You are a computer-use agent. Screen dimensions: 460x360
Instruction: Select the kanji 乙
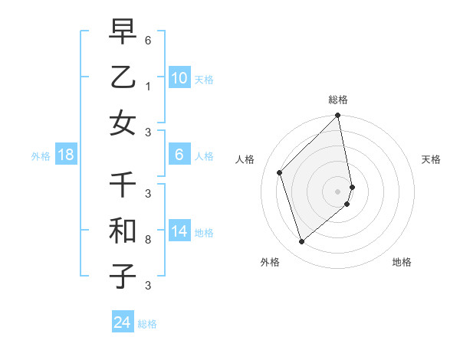pos(123,77)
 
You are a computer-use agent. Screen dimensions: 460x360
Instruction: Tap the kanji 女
pos(123,123)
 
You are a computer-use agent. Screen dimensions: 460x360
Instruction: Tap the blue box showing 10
pos(179,78)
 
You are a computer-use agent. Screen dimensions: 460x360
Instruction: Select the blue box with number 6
pos(179,155)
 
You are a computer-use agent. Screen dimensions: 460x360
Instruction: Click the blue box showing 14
pos(179,232)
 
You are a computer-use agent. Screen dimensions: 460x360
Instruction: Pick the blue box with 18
pos(65,155)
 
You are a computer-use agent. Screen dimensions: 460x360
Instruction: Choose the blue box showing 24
pos(122,322)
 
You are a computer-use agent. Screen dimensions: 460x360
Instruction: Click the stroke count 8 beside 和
pos(148,240)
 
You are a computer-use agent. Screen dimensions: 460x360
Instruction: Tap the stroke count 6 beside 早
pos(148,40)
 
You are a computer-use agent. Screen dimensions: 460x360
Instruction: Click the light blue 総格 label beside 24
pos(147,324)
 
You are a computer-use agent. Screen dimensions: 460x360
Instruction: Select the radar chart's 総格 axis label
pos(338,100)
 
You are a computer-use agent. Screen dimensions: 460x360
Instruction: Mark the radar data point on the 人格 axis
pos(280,172)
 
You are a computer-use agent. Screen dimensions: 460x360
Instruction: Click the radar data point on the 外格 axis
pos(301,242)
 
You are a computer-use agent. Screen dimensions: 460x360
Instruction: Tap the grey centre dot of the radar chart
pos(338,191)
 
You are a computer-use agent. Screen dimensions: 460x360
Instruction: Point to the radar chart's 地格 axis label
pos(402,262)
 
